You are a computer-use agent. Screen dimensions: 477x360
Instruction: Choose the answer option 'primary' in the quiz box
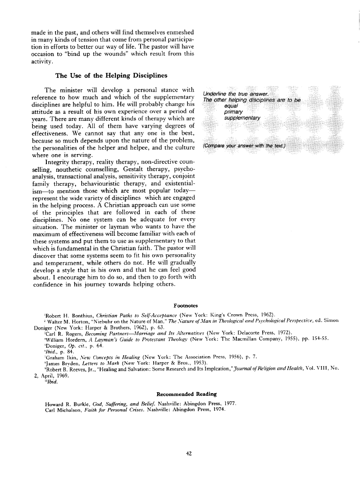coord(233,111)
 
